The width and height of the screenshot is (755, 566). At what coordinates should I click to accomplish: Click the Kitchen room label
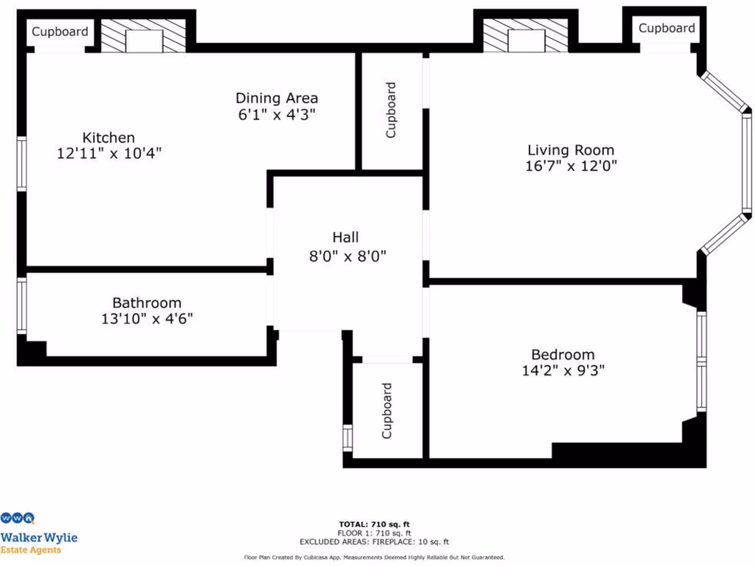(x=108, y=138)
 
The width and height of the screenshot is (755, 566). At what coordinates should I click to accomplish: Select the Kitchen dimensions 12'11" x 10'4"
(x=108, y=153)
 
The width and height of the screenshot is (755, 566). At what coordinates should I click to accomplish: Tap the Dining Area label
(x=276, y=98)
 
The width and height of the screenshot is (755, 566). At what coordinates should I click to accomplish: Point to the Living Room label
(x=571, y=150)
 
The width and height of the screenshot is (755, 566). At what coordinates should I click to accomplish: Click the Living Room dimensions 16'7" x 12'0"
(x=571, y=166)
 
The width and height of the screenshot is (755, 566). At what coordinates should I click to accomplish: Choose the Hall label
(x=346, y=237)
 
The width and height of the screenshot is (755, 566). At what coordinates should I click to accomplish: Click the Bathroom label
(x=147, y=303)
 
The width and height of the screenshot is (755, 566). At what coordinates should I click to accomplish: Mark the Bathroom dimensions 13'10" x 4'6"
(x=147, y=319)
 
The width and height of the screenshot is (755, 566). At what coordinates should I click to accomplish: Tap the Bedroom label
(x=563, y=354)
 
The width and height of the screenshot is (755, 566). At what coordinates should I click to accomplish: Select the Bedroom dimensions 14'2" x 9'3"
(x=563, y=371)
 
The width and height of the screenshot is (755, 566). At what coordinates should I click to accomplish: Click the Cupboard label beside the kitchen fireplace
(x=60, y=32)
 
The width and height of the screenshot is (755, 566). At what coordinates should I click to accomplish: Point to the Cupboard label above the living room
(x=667, y=28)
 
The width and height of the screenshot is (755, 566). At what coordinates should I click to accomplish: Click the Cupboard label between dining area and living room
(x=391, y=110)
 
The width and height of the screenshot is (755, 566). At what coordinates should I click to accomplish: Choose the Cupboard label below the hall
(x=386, y=410)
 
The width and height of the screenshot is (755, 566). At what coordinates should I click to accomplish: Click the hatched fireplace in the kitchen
(x=143, y=36)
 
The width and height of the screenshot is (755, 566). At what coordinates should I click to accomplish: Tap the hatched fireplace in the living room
(x=525, y=36)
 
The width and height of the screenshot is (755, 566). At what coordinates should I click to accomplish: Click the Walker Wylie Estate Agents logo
(x=38, y=532)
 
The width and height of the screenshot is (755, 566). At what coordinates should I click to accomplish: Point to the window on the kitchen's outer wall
(x=22, y=164)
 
